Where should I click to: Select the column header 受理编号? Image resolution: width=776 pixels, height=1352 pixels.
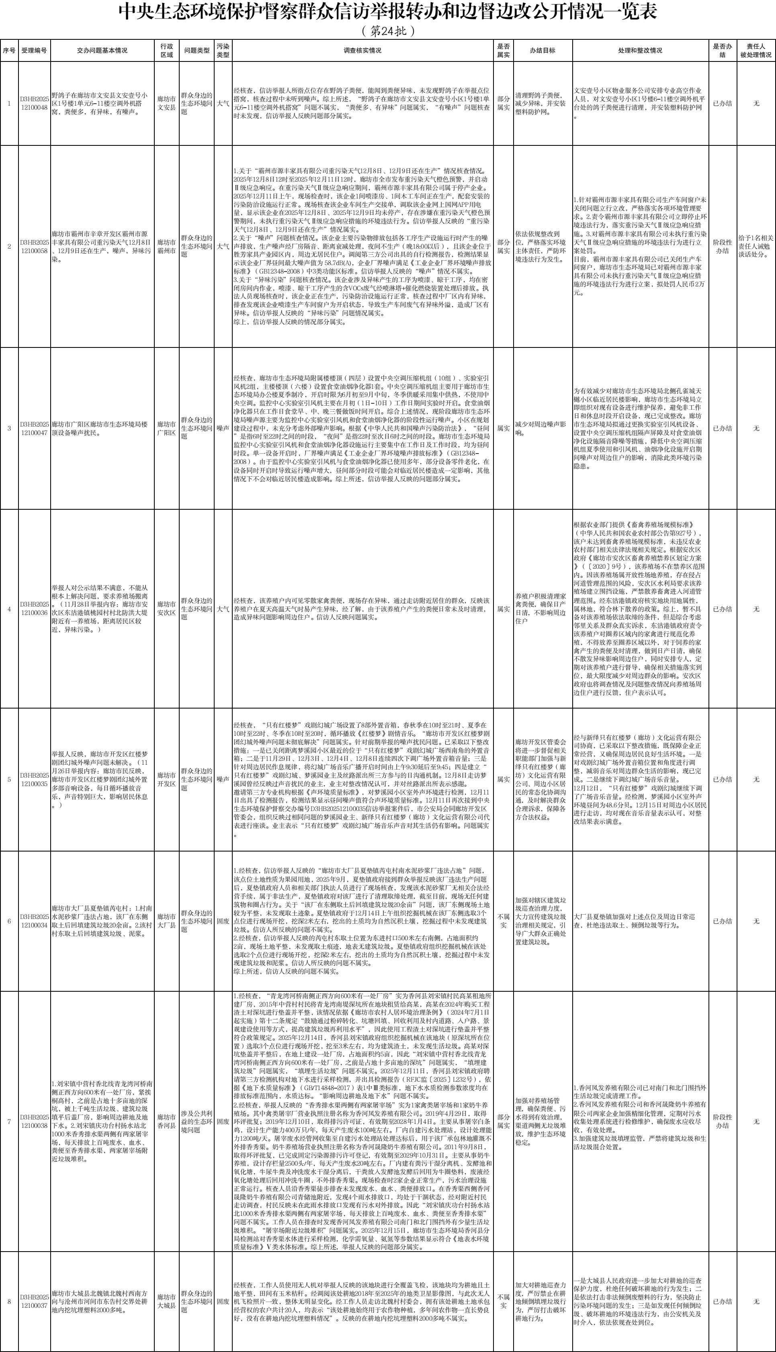[x=35, y=51]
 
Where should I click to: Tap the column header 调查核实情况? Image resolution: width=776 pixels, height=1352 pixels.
[x=362, y=51]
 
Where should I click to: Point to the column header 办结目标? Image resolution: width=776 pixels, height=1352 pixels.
[x=542, y=51]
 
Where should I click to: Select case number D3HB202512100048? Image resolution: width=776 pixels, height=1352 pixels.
[x=35, y=103]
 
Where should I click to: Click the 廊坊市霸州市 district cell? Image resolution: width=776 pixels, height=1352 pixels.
[x=166, y=246]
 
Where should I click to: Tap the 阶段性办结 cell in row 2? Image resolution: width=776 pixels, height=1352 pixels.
[x=722, y=246]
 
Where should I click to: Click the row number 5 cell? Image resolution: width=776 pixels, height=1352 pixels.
[x=9, y=779]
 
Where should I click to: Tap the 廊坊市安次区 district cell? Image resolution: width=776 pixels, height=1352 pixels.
[x=166, y=609]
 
